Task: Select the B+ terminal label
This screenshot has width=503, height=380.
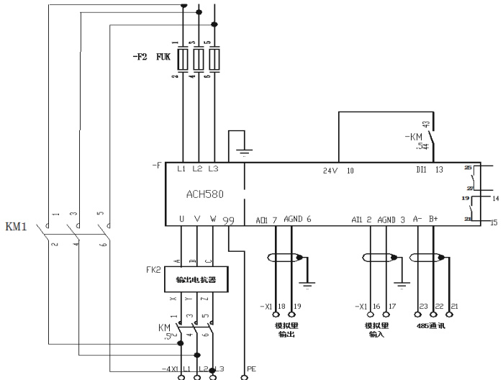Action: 433,220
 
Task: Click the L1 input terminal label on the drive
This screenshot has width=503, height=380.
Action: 181,171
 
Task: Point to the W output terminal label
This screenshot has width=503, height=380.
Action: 212,219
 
